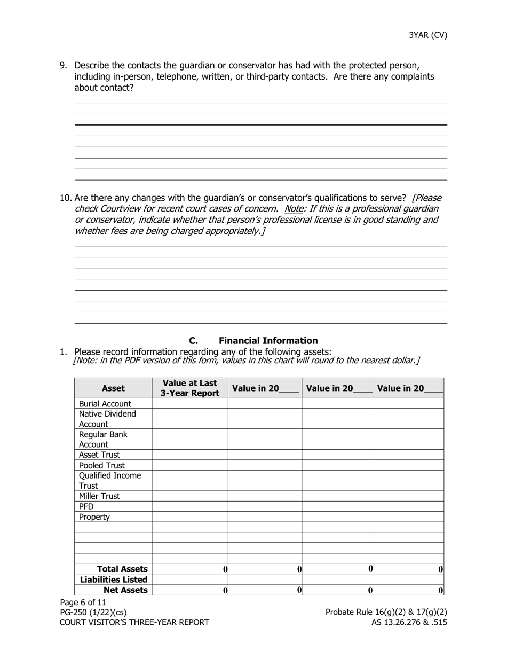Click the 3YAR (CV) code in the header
428,35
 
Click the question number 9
63,66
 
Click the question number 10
66,198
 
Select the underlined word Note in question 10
294,209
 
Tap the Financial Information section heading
268,341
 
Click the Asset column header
113,388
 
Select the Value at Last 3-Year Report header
190,388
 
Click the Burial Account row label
105,404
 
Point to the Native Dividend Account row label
107,419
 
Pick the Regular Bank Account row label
103,440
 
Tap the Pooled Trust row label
101,465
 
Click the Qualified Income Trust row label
109,481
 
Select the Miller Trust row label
99,496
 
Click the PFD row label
86,506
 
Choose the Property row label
94,517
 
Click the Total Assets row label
122,569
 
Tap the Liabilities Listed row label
114,580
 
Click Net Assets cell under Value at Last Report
190,590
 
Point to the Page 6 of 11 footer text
83,603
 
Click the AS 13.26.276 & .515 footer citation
409,622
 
